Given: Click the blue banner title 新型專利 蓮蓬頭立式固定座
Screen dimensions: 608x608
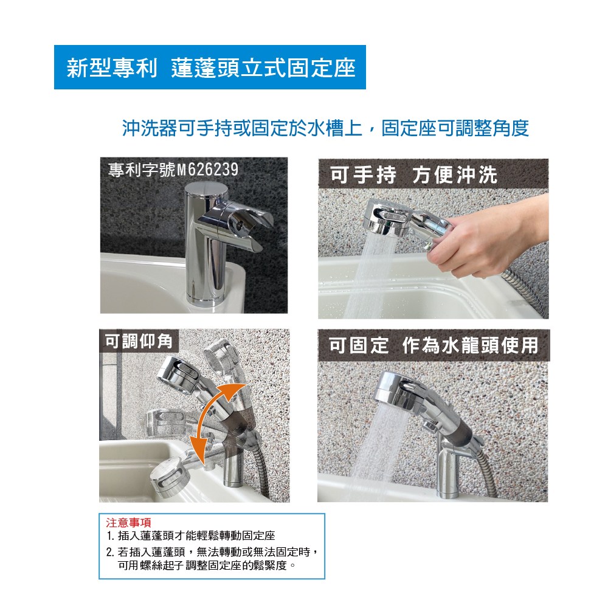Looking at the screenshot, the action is click(x=211, y=68).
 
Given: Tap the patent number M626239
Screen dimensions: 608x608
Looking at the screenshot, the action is click(x=207, y=170).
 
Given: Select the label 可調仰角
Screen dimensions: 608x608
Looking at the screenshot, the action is click(x=139, y=341).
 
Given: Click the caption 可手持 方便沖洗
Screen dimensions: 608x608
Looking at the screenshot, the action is click(x=413, y=174).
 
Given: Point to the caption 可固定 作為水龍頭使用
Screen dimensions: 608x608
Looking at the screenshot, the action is click(x=434, y=345).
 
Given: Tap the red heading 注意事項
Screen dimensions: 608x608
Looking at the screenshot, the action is click(x=129, y=523).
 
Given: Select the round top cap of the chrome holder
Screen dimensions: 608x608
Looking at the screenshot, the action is click(x=206, y=190).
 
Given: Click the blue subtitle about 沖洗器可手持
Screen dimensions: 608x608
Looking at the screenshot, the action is click(x=325, y=128).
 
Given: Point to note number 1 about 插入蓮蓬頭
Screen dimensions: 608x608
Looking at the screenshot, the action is click(x=191, y=536).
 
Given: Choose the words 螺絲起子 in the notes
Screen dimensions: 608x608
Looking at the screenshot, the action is click(x=162, y=565).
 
